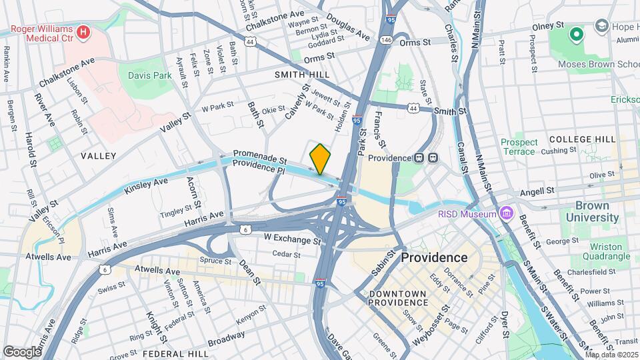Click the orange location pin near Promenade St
321,159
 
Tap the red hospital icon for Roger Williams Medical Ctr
83,31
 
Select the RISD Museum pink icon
507,213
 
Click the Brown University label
593,212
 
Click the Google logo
21,351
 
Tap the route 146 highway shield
387,41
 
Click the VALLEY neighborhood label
98,156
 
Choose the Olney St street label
549,27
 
